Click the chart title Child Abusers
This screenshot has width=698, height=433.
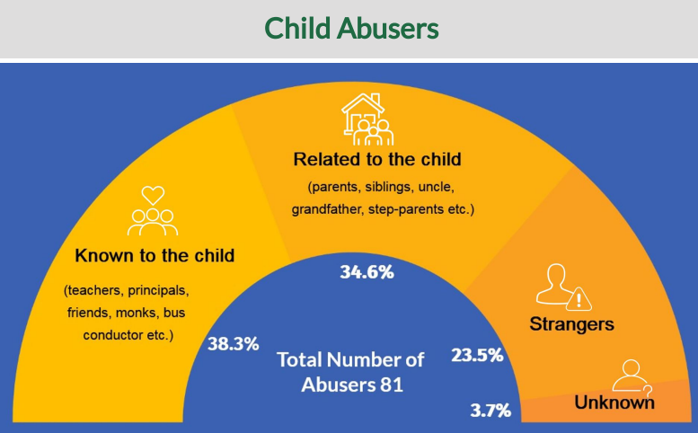[x=351, y=29]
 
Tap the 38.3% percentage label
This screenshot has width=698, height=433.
[x=233, y=343]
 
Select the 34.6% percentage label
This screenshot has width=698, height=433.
[x=367, y=271]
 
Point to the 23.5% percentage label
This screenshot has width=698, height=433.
[x=477, y=354]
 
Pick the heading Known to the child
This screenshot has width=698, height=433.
[x=155, y=256]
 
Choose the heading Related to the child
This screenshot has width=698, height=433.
[x=376, y=160]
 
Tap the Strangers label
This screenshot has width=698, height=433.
[x=572, y=323]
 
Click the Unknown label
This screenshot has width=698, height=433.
[x=614, y=402]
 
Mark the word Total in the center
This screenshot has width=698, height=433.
[x=303, y=361]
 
